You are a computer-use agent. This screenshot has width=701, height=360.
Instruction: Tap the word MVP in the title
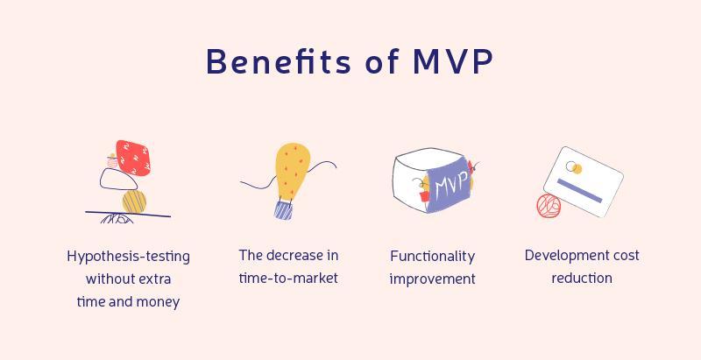click(x=452, y=61)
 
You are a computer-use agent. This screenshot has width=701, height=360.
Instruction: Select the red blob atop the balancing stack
click(x=133, y=158)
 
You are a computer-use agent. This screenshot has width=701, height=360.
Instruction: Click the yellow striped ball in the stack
click(x=134, y=201)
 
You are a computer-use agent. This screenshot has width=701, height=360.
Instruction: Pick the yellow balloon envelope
click(x=293, y=171)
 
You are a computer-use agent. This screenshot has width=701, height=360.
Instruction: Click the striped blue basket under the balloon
click(x=283, y=210)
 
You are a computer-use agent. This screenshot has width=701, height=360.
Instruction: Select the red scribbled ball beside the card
click(x=549, y=206)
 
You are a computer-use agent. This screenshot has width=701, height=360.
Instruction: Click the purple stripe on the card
click(x=579, y=191)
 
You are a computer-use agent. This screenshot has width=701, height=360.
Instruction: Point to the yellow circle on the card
click(x=577, y=169)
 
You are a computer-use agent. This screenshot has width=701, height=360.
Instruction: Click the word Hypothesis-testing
click(x=128, y=257)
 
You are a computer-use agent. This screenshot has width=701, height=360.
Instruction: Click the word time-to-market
click(x=288, y=279)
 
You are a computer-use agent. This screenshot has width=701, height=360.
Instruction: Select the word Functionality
click(x=432, y=257)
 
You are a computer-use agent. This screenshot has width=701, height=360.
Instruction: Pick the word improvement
click(x=432, y=279)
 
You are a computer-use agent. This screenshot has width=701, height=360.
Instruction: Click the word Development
click(x=564, y=256)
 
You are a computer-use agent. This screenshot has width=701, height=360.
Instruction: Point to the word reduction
click(x=582, y=279)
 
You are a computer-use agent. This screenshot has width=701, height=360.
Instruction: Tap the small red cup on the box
click(x=424, y=196)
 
